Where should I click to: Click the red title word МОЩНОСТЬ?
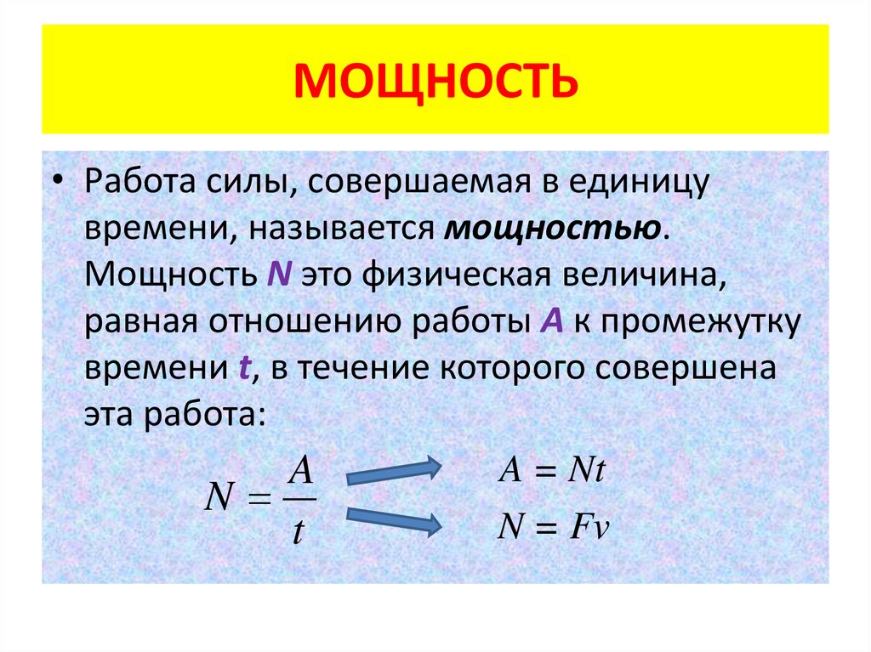pyautogui.click(x=435, y=82)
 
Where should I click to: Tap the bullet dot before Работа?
pyautogui.click(x=58, y=184)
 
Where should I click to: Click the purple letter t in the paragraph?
pyautogui.click(x=242, y=369)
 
